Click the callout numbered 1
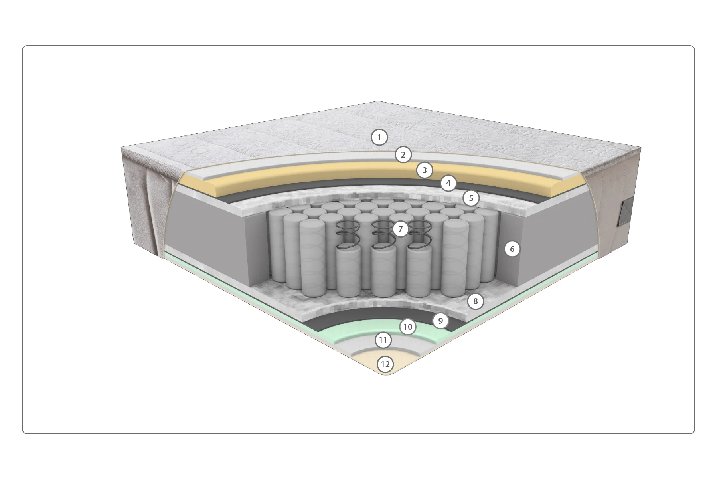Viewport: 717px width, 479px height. coord(379,138)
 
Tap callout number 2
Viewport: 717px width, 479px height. coord(403,155)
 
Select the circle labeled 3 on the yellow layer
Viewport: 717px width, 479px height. coord(425,170)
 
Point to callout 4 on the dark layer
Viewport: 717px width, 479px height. coord(448,183)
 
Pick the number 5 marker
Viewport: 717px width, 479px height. coord(471,198)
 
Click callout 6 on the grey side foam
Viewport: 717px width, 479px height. coord(512,249)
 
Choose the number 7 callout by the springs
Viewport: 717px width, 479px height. coord(401,229)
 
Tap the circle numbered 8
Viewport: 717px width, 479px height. coord(475,301)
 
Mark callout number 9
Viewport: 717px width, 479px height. coord(440,321)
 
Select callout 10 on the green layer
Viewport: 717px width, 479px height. coord(408,327)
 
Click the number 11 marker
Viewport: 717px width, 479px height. coord(383,340)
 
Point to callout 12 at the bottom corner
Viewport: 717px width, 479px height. coord(385,364)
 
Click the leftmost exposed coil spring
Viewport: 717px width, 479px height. coord(348,235)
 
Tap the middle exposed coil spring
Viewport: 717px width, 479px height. coord(383,235)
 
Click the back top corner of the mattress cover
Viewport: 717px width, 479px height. coord(377,101)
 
